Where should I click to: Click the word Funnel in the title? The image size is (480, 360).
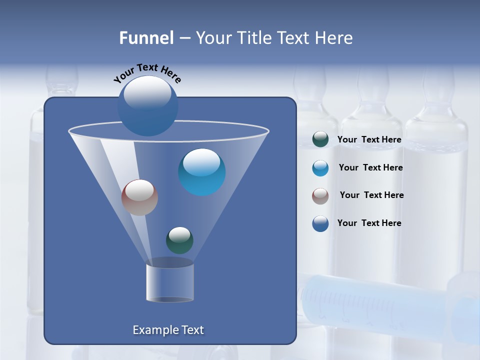click(146, 38)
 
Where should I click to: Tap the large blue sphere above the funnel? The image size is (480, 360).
click(147, 105)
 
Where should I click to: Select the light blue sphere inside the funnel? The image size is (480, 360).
click(201, 172)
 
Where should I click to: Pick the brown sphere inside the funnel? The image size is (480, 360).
click(139, 197)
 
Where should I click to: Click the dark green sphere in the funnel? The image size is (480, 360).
click(179, 240)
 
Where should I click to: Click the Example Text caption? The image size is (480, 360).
click(168, 330)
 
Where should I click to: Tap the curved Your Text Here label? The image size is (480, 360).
click(147, 73)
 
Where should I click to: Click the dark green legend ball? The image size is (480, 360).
click(320, 139)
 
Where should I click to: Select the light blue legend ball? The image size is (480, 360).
click(320, 168)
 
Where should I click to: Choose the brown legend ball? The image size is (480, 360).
click(320, 196)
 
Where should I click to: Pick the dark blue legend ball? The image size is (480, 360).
click(320, 223)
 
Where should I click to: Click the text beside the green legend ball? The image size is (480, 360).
click(369, 140)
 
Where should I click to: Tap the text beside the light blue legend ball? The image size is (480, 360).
click(370, 167)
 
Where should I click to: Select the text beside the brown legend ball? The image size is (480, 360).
click(371, 195)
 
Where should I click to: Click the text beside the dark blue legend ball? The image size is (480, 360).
click(369, 223)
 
